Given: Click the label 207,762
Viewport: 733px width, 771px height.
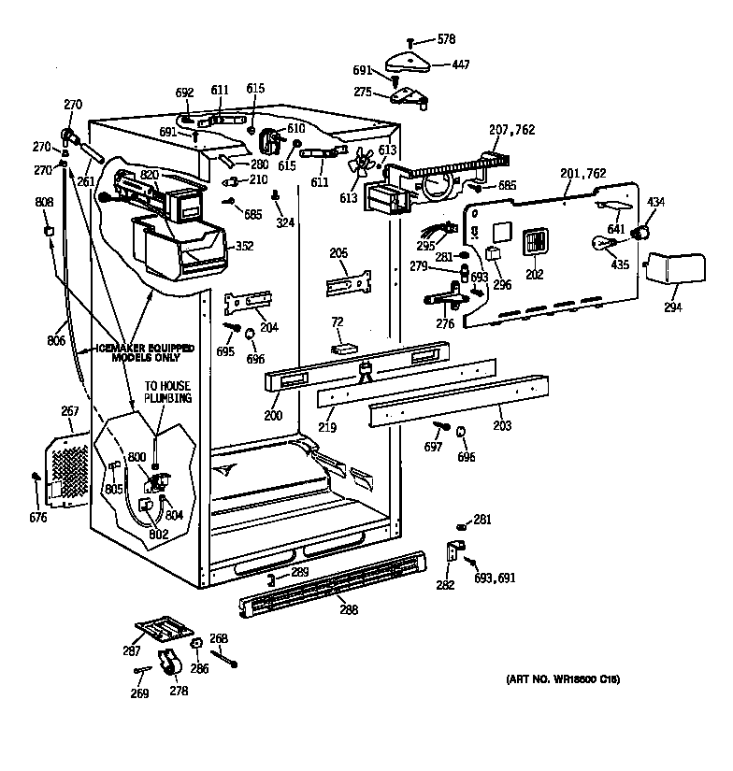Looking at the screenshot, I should (511, 130).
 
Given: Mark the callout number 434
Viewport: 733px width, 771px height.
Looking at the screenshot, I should (656, 203).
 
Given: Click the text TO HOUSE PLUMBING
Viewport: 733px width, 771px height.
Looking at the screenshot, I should (167, 391).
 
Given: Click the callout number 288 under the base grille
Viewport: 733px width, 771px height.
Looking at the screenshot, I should (348, 611).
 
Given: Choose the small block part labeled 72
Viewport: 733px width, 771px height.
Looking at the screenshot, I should (345, 347).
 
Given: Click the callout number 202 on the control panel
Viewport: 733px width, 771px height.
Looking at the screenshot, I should (535, 276).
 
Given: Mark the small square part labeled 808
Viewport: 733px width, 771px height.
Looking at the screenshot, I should (47, 229).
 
